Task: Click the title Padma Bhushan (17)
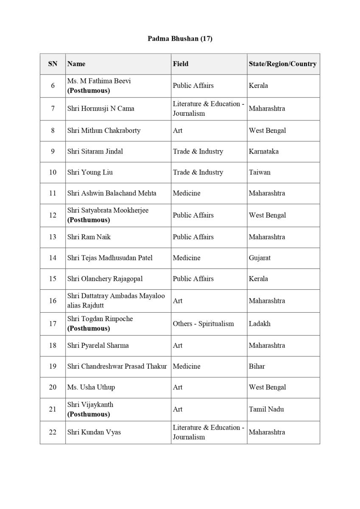pyautogui.click(x=180, y=39)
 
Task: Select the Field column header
pyautogui.click(x=181, y=64)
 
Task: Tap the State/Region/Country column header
pyautogui.click(x=282, y=64)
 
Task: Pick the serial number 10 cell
pyautogui.click(x=53, y=173)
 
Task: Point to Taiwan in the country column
pyautogui.click(x=260, y=173)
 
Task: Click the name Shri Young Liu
pyautogui.click(x=90, y=173)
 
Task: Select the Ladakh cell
pyautogui.click(x=260, y=324)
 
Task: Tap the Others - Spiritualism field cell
pyautogui.click(x=203, y=324)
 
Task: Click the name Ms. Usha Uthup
pyautogui.click(x=91, y=387)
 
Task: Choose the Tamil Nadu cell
pyautogui.click(x=266, y=409)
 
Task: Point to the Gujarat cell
pyautogui.click(x=260, y=258)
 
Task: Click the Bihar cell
pyautogui.click(x=257, y=366)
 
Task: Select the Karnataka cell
pyautogui.click(x=264, y=151)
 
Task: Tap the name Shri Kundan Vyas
pyautogui.click(x=94, y=432)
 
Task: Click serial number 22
pyautogui.click(x=53, y=432)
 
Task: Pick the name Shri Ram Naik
pyautogui.click(x=89, y=237)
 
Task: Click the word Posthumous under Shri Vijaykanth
pyautogui.click(x=89, y=414)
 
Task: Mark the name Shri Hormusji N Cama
pyautogui.click(x=100, y=109)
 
